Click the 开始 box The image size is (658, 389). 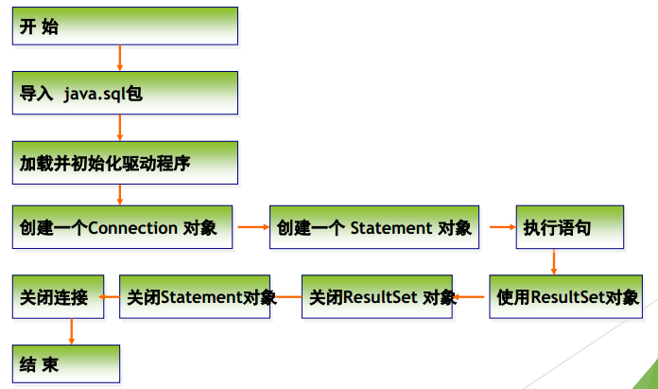pyautogui.click(x=124, y=26)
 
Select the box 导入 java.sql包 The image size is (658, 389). pyautogui.click(x=124, y=93)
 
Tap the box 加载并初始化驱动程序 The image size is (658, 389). pyautogui.click(x=124, y=162)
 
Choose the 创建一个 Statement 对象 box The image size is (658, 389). pyautogui.click(x=373, y=227)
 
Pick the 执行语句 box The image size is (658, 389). pyautogui.click(x=568, y=227)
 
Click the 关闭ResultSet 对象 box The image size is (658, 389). pyautogui.click(x=376, y=296)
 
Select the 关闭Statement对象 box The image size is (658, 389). pyautogui.click(x=199, y=296)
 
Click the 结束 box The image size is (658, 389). pyautogui.click(x=66, y=363)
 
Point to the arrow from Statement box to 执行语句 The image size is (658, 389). pyautogui.click(x=495, y=227)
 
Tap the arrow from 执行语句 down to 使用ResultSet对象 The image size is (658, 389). pyautogui.click(x=555, y=260)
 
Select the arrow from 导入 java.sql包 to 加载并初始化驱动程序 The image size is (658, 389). pyautogui.click(x=120, y=127)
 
